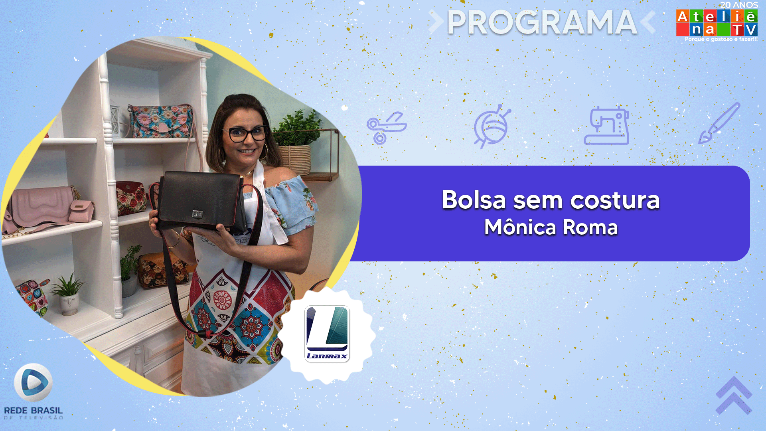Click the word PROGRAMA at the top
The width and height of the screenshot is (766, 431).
coord(542,22)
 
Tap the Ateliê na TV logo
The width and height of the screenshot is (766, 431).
coord(717,23)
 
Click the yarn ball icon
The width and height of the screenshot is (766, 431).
coord(492,126)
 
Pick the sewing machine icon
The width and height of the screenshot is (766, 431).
coord(606,125)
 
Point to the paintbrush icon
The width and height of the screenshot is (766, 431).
coord(719,123)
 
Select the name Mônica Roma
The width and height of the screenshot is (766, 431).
coord(551,227)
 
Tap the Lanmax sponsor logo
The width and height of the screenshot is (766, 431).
coord(327,334)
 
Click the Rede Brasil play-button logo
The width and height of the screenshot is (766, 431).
coord(34,382)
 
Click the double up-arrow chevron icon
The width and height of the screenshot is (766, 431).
coord(734,395)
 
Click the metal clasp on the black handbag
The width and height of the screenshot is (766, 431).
coord(197,214)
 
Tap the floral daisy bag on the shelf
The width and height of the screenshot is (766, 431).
coord(162,121)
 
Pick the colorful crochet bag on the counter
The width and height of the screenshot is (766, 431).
coord(33,297)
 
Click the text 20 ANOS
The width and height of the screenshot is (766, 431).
coord(739,5)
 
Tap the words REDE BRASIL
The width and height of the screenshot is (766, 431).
coord(34,410)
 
